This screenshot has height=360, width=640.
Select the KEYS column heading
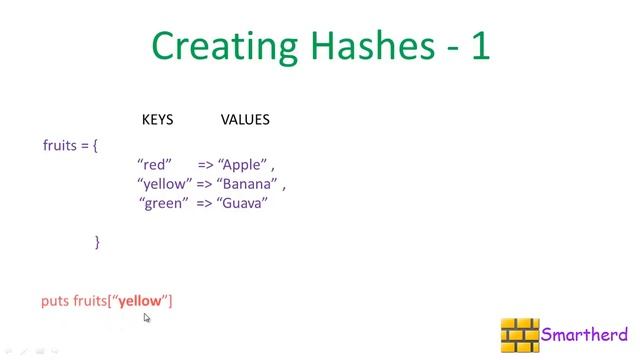157,120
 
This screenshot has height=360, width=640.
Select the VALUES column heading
245,120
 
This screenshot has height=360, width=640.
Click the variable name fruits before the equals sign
60,145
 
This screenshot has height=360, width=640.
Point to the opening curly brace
95,146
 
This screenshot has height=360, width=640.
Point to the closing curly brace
97,241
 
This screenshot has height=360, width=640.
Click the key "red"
155,164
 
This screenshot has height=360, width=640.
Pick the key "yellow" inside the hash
164,184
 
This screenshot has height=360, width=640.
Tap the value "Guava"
242,203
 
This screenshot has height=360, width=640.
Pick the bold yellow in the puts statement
140,300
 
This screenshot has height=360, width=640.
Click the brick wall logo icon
520,335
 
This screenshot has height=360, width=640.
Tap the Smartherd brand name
584,335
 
